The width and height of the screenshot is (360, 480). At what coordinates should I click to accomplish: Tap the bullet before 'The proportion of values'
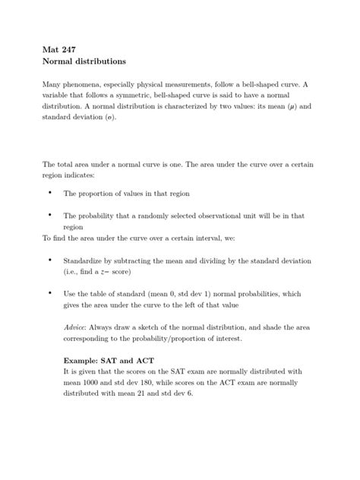click(50, 194)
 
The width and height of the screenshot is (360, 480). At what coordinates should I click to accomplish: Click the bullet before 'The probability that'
click(50, 215)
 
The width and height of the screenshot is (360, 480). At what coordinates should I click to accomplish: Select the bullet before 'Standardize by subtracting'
click(50, 259)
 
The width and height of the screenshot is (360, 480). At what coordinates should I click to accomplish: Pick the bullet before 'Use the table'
click(50, 292)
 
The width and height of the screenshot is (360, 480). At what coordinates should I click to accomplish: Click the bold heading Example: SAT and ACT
click(109, 359)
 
